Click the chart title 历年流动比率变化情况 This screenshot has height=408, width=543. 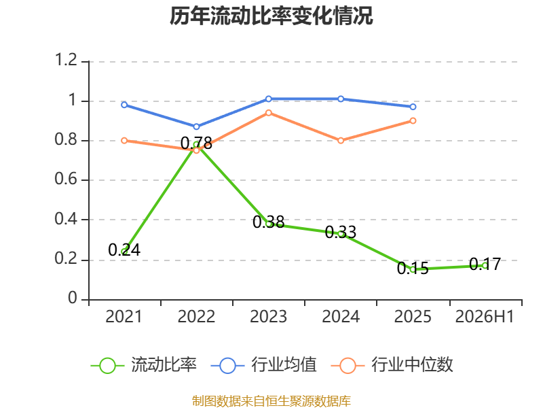pyautogui.click(x=271, y=16)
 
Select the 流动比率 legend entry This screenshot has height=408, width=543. pyautogui.click(x=144, y=365)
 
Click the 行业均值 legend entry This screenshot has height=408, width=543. pyautogui.click(x=264, y=365)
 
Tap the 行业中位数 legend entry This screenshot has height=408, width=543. pyautogui.click(x=392, y=365)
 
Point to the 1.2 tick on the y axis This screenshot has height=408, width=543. pyautogui.click(x=66, y=60)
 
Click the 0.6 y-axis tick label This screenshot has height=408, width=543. pyautogui.click(x=66, y=179)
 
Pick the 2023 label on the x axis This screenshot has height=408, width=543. pyautogui.click(x=268, y=317)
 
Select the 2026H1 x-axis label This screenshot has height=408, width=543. pyautogui.click(x=485, y=317)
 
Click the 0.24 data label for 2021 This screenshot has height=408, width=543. pyautogui.click(x=124, y=250)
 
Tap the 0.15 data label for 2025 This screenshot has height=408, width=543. pyautogui.click(x=413, y=268)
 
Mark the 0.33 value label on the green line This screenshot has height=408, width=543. pyautogui.click(x=341, y=232)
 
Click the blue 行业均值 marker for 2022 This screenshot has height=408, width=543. pyautogui.click(x=196, y=126)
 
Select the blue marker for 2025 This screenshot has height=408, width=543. pyautogui.click(x=413, y=107)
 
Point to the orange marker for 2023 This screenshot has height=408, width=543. pyautogui.click(x=268, y=113)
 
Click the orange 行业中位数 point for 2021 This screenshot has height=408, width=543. pyautogui.click(x=124, y=141)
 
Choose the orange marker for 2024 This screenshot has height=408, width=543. pyautogui.click(x=341, y=141)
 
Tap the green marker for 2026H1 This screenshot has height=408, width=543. pyautogui.click(x=485, y=266)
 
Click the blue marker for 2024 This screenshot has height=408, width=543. pyautogui.click(x=341, y=99)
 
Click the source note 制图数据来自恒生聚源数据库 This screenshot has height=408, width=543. pyautogui.click(x=271, y=401)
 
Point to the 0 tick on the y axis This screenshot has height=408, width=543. pyautogui.click(x=73, y=298)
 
